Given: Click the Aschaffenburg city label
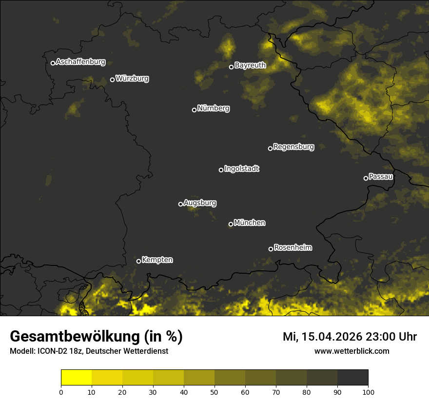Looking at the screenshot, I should [x=80, y=62].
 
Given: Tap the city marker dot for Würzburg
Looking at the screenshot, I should [x=112, y=80].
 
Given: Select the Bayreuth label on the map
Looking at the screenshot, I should [x=250, y=65].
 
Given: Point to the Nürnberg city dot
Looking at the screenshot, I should [x=194, y=110].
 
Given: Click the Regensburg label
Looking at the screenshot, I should [x=293, y=146].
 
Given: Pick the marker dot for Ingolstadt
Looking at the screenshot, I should [x=221, y=170].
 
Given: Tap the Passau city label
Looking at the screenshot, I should [x=381, y=176].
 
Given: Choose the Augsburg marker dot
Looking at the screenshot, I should [x=180, y=204].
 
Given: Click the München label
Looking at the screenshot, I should [x=250, y=223].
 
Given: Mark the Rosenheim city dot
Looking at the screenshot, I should [x=271, y=249].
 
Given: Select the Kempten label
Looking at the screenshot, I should [x=157, y=260].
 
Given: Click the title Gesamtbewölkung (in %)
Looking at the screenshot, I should [x=96, y=337].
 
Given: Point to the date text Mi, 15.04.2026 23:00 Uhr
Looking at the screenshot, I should [x=350, y=337].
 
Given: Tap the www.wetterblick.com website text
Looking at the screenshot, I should [x=351, y=351].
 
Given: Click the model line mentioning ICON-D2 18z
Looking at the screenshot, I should [x=89, y=351].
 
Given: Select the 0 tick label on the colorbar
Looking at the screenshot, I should [x=61, y=392].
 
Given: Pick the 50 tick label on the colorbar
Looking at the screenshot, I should [x=214, y=392].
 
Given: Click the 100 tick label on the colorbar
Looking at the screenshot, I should [x=368, y=392].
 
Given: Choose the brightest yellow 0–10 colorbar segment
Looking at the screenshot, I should [x=76, y=378].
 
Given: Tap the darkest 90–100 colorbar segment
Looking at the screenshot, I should [x=352, y=378].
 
